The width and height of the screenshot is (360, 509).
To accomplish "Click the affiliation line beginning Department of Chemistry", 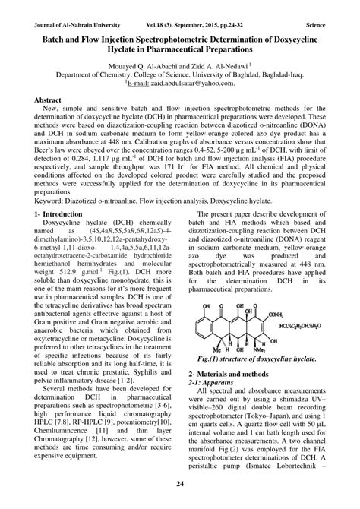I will click(x=180, y=76).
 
